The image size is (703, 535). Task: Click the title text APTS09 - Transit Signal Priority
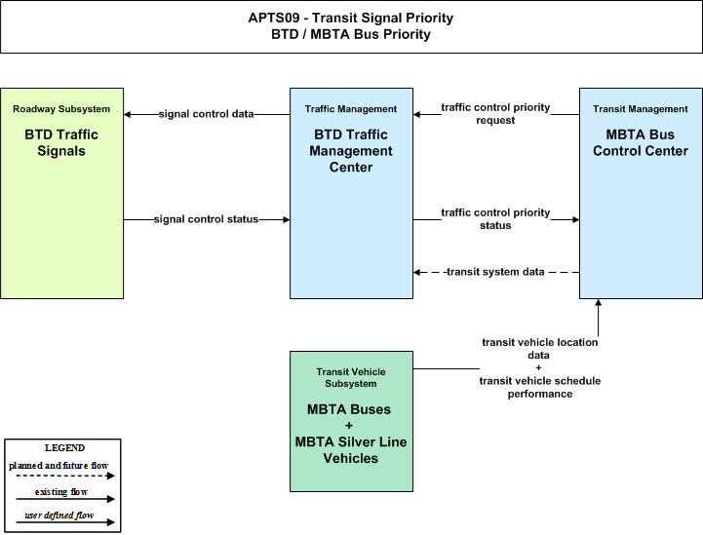pyautogui.click(x=351, y=18)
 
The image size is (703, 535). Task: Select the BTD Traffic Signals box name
pyautogui.click(x=61, y=142)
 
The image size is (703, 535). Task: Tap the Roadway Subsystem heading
pyautogui.click(x=61, y=109)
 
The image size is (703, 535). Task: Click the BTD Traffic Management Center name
pyautogui.click(x=351, y=150)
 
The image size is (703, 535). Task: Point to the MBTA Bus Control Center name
pyautogui.click(x=641, y=142)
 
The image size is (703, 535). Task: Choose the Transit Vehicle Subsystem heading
pyautogui.click(x=351, y=378)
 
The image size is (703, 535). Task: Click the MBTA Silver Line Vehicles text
pyautogui.click(x=351, y=450)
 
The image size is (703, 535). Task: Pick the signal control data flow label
pyautogui.click(x=207, y=114)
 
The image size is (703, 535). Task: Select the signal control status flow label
pyautogui.click(x=207, y=219)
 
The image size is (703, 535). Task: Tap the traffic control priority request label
pyautogui.click(x=495, y=114)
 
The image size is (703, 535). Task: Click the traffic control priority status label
pyautogui.click(x=495, y=218)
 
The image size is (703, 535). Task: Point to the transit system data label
pyautogui.click(x=495, y=272)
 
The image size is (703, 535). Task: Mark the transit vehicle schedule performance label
pyautogui.click(x=540, y=387)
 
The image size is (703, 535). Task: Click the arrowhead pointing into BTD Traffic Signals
pyautogui.click(x=128, y=114)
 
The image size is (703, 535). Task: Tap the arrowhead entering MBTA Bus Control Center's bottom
pyautogui.click(x=598, y=302)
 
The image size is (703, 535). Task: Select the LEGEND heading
pyautogui.click(x=64, y=448)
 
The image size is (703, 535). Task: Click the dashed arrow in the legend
pyautogui.click(x=65, y=476)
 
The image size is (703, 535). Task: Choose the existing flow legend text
pyautogui.click(x=61, y=492)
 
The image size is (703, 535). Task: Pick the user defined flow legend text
pyautogui.click(x=59, y=516)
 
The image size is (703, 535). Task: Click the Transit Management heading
pyautogui.click(x=641, y=109)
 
